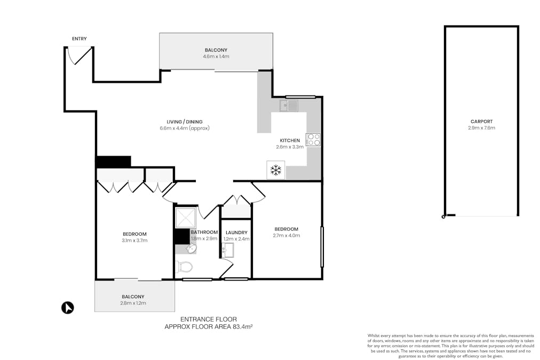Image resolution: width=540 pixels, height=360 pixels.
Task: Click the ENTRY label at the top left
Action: pyautogui.click(x=80, y=38)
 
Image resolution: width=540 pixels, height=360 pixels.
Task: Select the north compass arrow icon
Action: pyautogui.click(x=68, y=308)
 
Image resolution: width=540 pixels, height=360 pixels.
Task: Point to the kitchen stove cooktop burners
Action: pyautogui.click(x=313, y=139)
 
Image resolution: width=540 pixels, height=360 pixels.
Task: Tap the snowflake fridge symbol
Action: pyautogui.click(x=276, y=170)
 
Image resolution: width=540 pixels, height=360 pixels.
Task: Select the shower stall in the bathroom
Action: pyautogui.click(x=186, y=218)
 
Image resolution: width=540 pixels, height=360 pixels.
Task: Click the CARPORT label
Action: pyautogui.click(x=481, y=121)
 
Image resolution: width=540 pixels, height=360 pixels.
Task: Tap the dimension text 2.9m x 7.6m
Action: pyautogui.click(x=481, y=128)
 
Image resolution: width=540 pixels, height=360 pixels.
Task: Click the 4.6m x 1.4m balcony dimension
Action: pyautogui.click(x=216, y=57)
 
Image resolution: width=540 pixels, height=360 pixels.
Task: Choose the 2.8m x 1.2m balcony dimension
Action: pyautogui.click(x=133, y=303)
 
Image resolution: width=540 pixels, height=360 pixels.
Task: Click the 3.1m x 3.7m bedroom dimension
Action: pyautogui.click(x=134, y=241)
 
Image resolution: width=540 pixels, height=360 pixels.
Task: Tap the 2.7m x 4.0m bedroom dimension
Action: pyautogui.click(x=287, y=235)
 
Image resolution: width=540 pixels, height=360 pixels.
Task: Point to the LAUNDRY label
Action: pyautogui.click(x=236, y=233)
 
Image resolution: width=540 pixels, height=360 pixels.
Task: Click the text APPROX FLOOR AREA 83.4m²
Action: pyautogui.click(x=208, y=326)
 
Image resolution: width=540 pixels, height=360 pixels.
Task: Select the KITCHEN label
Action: pyautogui.click(x=290, y=140)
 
